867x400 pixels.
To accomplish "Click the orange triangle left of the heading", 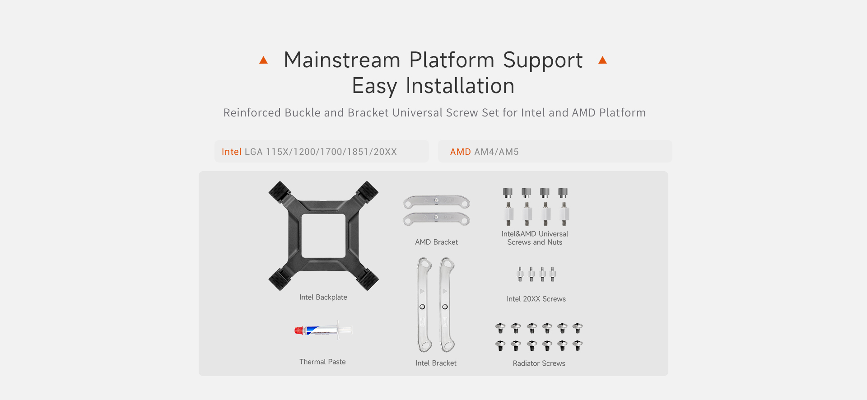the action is (x=264, y=60).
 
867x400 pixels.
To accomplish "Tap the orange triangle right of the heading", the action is (x=602, y=60).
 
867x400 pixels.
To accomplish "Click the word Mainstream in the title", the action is (x=342, y=60).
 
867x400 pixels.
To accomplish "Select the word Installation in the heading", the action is (x=460, y=86).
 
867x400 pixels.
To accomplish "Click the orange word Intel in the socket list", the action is (x=232, y=152).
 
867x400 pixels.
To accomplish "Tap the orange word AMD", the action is (x=461, y=152).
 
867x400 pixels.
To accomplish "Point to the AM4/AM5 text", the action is (x=496, y=152).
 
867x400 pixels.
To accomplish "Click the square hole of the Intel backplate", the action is (x=323, y=236).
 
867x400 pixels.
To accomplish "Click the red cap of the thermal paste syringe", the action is (x=298, y=331).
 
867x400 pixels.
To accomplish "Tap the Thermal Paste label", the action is (x=322, y=362).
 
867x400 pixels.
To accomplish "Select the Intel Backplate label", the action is (x=323, y=297).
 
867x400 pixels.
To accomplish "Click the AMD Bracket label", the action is (x=436, y=242).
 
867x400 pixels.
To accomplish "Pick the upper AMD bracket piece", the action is (x=437, y=202).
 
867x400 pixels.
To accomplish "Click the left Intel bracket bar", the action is (x=424, y=305).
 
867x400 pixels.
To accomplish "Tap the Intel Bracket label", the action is (x=436, y=363).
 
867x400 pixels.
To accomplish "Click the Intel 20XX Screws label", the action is (x=536, y=299).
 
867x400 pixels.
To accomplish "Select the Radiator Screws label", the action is (x=539, y=363).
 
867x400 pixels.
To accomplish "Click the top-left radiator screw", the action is (x=500, y=328).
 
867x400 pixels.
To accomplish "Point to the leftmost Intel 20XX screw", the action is (x=520, y=274).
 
